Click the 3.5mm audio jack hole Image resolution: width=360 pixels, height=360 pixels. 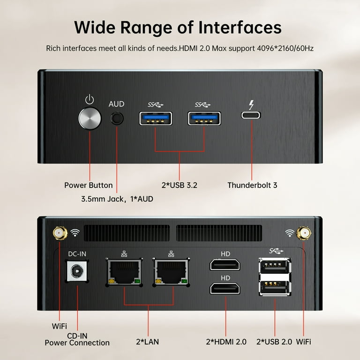pos(117,119)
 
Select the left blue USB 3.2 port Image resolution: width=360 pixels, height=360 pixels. pos(156,119)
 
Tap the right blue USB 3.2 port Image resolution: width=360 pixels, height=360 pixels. pos(204,119)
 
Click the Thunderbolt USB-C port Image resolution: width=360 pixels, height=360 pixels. pos(251,115)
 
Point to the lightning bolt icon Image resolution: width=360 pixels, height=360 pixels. pos(252,105)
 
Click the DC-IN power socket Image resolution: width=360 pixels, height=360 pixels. pos(77,271)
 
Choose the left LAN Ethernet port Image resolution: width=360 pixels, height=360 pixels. pos(124,272)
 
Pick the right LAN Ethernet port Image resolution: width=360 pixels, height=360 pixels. pos(171,272)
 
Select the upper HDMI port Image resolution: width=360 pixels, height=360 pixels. pos(225,264)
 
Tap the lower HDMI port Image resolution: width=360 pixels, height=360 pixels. pos(225,289)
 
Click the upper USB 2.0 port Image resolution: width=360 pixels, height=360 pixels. pos(275,266)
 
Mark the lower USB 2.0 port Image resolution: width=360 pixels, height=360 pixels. pos(275,288)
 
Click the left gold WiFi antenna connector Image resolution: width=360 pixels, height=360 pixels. pos(60,233)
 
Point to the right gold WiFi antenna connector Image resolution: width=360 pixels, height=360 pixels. pos(304,233)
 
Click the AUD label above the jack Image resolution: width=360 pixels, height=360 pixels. pos(116,104)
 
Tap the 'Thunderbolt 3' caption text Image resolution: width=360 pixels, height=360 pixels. pos(252,185)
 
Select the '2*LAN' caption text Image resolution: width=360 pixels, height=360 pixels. pos(147,342)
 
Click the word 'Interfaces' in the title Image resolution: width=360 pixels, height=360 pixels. pos(240,28)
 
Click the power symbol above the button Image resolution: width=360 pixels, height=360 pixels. pos(90,99)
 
